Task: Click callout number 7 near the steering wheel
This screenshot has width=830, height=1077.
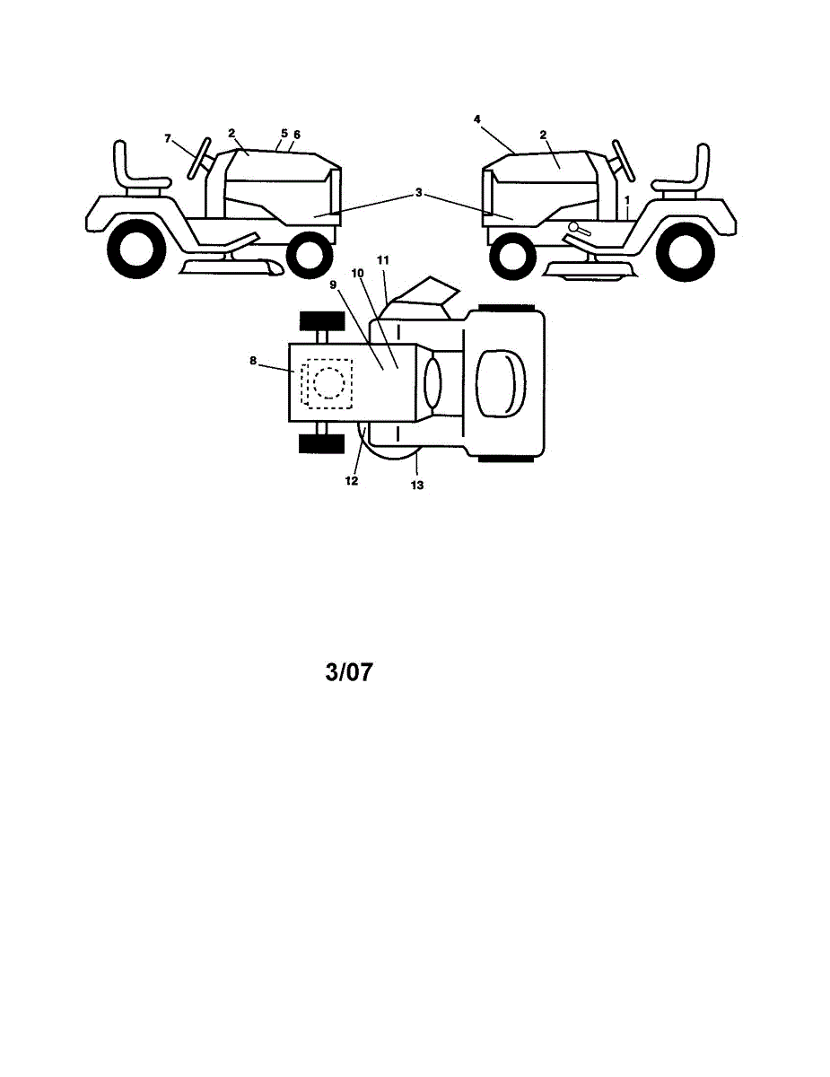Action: point(167,138)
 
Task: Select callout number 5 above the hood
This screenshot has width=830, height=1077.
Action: point(283,134)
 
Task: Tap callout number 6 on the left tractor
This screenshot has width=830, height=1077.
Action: point(297,135)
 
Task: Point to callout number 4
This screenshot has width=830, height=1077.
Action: point(477,118)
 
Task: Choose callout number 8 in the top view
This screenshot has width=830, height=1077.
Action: point(253,361)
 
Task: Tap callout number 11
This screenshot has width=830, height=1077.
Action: point(383,260)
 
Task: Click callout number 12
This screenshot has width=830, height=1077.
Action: point(352,481)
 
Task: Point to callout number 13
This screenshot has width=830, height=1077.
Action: point(417,486)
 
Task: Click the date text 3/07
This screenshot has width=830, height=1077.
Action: point(348,673)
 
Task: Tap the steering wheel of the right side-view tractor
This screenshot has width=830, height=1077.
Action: point(623,160)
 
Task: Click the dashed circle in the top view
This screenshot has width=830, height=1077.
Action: point(328,382)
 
